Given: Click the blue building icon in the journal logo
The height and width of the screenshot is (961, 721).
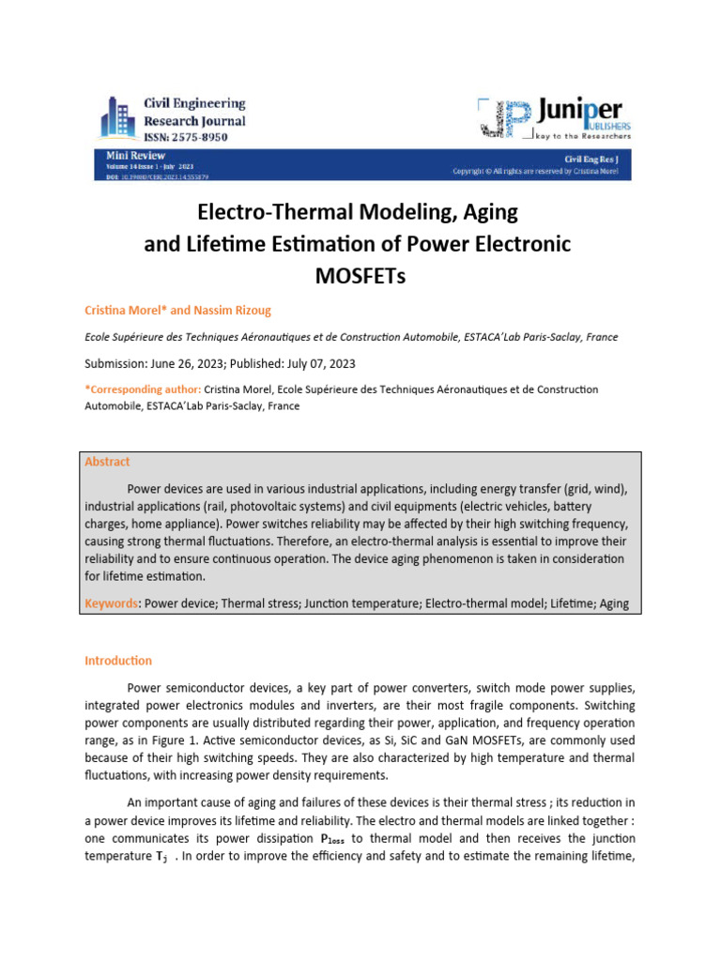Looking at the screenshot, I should (118, 120).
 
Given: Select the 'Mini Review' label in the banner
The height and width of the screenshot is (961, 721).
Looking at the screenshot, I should (136, 156).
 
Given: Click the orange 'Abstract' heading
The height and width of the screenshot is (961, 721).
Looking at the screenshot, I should (107, 462).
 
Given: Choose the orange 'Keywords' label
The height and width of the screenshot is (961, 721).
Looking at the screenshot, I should (111, 603).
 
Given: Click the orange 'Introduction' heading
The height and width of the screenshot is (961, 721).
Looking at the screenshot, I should (117, 661).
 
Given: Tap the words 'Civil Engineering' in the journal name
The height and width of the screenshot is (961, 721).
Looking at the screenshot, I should (194, 104).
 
